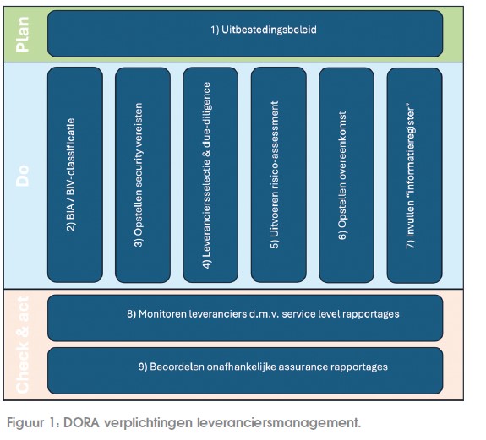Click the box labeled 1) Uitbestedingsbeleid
pyautogui.click(x=245, y=34)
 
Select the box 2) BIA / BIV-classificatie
pyautogui.click(x=75, y=175)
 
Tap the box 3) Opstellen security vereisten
pyautogui.click(x=143, y=175)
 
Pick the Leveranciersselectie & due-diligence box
pyautogui.click(x=210, y=175)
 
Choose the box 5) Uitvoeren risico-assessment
pyautogui.click(x=279, y=175)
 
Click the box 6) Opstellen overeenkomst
pyautogui.click(x=347, y=175)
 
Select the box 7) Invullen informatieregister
pyautogui.click(x=415, y=175)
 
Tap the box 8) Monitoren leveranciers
pyautogui.click(x=245, y=318)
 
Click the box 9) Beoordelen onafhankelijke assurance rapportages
pyautogui.click(x=245, y=371)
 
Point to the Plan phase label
pyautogui.click(x=23, y=35)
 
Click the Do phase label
pyautogui.click(x=23, y=176)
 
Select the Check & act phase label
pyautogui.click(x=23, y=345)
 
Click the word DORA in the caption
pyautogui.click(x=81, y=422)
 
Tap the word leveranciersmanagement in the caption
pyautogui.click(x=279, y=422)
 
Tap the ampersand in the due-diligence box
pyautogui.click(x=207, y=153)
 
